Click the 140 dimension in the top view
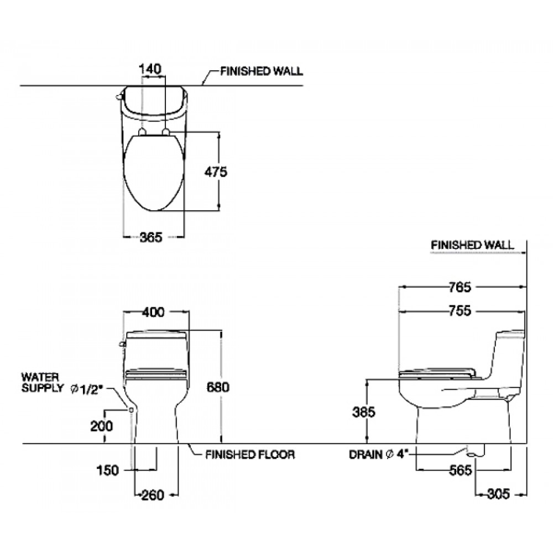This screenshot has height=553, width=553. click(150, 69)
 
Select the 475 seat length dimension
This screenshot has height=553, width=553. click(216, 173)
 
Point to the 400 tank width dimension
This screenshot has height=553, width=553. click(153, 312)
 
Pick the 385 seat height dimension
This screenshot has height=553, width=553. click(364, 412)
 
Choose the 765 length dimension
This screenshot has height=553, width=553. click(460, 287)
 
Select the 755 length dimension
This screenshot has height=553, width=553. click(460, 311)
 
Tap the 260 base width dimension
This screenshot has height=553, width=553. click(153, 494)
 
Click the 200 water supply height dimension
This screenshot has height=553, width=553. click(102, 426)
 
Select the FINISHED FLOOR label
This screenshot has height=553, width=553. click(249, 455)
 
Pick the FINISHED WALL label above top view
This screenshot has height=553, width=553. click(261, 71)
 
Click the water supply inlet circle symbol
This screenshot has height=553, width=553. click(132, 410)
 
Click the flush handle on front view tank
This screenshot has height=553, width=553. click(122, 344)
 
